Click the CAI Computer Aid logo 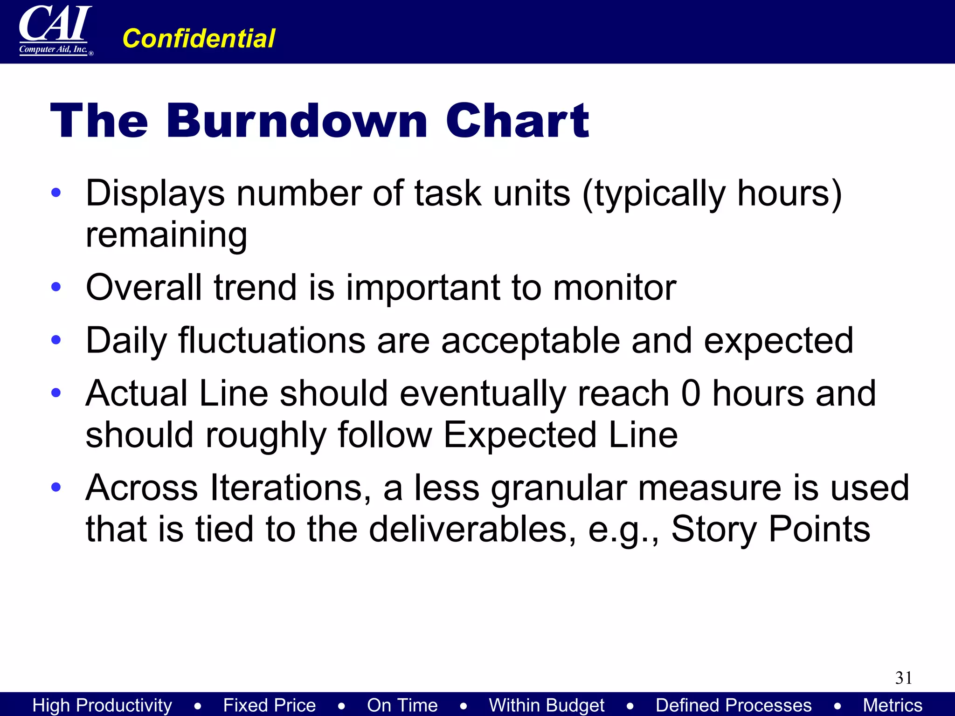click(55, 31)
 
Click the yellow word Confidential click(199, 38)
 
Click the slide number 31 click(903, 678)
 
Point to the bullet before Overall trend click(56, 287)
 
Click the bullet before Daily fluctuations click(56, 340)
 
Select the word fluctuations click(272, 340)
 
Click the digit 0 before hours click(691, 393)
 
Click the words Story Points click(770, 530)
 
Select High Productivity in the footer click(102, 705)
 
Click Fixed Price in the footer click(270, 705)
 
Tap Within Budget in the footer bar click(547, 705)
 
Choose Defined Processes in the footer click(734, 705)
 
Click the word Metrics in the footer click(893, 705)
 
